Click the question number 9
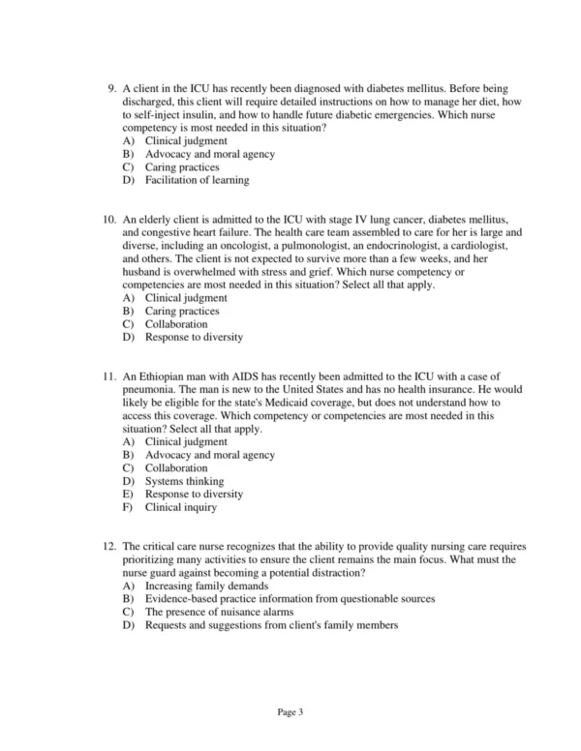pos(111,88)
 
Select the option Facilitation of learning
pos(197,180)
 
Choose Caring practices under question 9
pos(182,166)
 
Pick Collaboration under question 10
pos(176,324)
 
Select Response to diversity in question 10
pos(194,338)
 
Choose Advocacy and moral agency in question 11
pos(209,455)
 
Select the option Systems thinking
pos(184,481)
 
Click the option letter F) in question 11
pos(128,507)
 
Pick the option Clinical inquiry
pos(180,507)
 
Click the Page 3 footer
pos(290,713)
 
